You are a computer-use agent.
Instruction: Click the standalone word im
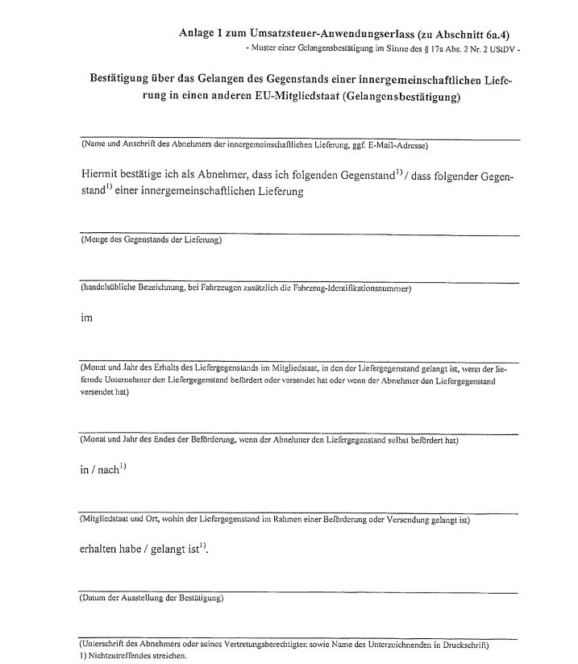[86, 317]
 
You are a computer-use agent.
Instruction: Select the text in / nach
[98, 471]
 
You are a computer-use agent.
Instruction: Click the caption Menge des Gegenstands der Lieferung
[151, 241]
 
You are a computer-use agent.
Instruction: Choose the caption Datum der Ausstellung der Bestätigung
[152, 599]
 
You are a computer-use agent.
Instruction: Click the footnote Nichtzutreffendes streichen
[136, 656]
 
